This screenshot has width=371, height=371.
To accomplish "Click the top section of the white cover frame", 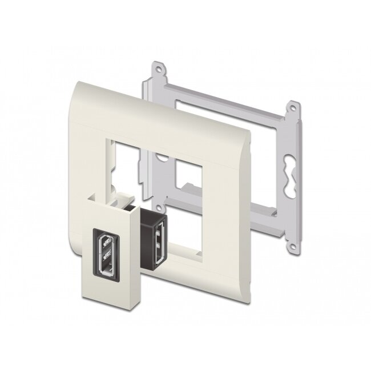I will (x=154, y=100).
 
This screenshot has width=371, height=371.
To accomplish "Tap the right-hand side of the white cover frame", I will (x=243, y=188).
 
